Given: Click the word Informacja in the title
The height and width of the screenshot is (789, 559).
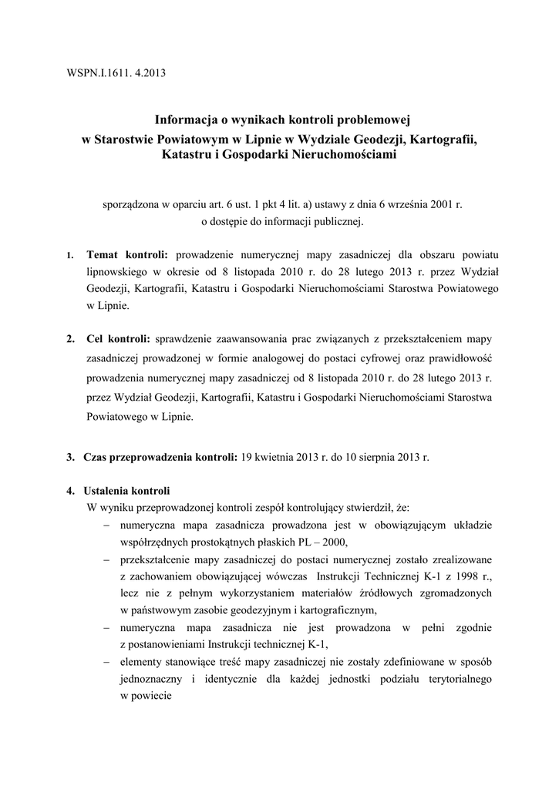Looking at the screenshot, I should coord(185,120).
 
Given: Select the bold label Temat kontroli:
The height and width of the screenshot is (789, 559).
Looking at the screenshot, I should coord(130,253).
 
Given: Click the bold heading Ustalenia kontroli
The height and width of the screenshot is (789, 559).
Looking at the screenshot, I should coord(130,491).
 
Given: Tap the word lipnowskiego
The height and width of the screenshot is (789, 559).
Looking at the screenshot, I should coord(118,271).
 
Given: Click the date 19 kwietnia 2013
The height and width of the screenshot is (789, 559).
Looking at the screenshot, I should coord(286,456).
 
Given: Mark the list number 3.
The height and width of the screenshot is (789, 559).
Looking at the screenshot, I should coord(70,456).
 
